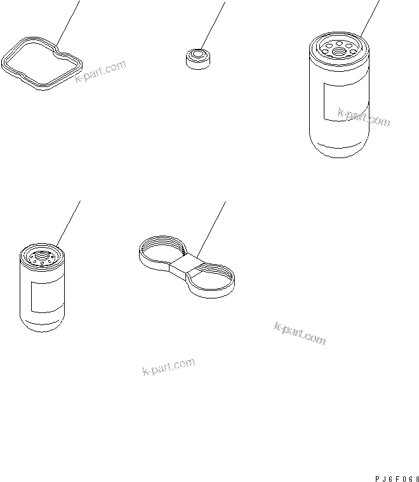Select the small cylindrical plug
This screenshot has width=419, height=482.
(198, 59)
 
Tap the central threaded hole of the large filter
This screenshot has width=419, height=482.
(340, 51)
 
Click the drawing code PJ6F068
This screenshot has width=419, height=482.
(397, 479)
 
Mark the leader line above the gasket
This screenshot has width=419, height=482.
(68, 23)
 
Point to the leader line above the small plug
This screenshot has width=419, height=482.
(213, 25)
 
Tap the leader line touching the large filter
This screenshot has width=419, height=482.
(370, 18)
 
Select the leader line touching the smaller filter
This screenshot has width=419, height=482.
(69, 224)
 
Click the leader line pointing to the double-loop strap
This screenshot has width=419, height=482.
(211, 230)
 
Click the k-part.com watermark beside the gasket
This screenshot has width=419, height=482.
(100, 71)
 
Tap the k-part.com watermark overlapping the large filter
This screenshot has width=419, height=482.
(364, 117)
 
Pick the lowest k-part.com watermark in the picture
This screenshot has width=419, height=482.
(169, 366)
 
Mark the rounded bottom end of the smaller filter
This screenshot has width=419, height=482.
(42, 325)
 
